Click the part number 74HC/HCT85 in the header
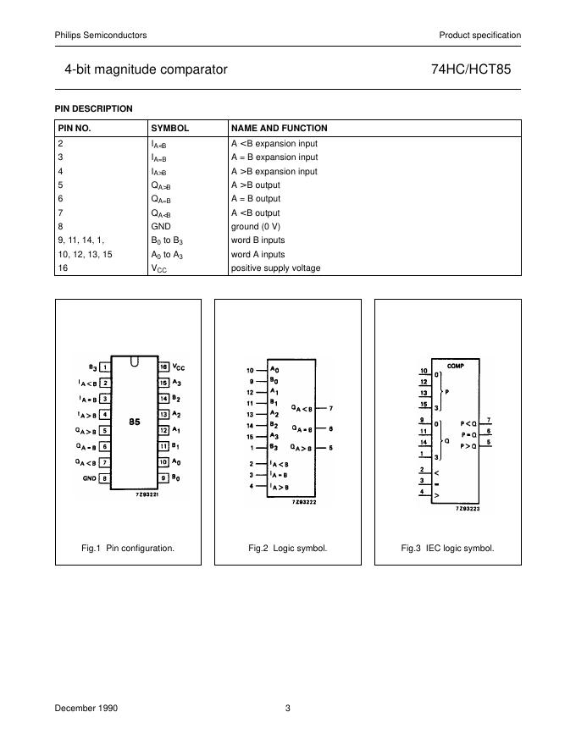(477, 69)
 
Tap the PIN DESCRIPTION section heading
(93, 108)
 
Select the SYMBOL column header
(169, 129)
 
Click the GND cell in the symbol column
(161, 227)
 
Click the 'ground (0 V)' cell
(256, 227)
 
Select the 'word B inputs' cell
(258, 240)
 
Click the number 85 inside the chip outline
(135, 422)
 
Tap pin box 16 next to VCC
(163, 367)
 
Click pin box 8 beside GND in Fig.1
(104, 477)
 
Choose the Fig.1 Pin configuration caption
(128, 548)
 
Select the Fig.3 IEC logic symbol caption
(447, 548)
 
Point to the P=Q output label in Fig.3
(468, 433)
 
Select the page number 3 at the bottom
(288, 709)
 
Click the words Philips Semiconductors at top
(101, 35)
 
